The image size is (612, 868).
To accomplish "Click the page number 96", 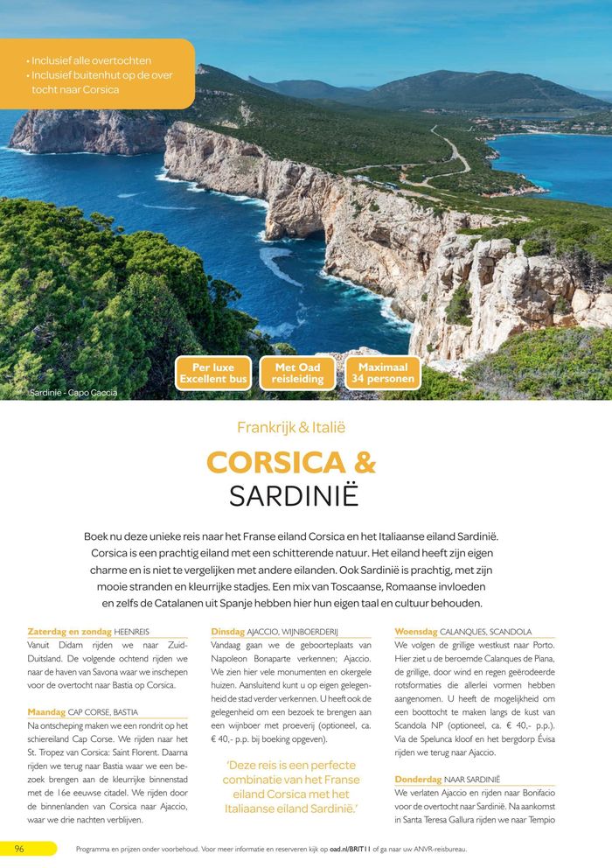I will (x=19, y=849).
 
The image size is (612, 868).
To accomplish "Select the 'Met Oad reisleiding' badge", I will (x=297, y=374).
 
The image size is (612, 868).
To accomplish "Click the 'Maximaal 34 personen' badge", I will (x=382, y=374).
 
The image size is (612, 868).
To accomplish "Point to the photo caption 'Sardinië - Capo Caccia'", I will (x=73, y=393).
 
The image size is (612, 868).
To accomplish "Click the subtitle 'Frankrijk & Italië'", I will (x=291, y=428).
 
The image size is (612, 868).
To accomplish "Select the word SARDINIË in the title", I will (x=294, y=496).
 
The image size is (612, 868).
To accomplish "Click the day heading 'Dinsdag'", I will (x=227, y=631).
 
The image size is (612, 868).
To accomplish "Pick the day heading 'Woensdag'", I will (x=415, y=631).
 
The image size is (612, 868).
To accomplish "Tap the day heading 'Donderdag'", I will (x=418, y=778).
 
